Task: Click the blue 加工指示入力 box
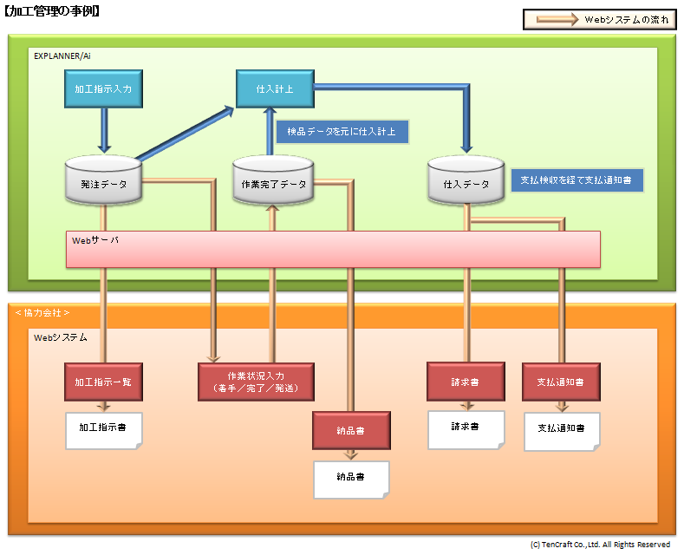[x=103, y=88]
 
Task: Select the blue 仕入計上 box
[x=275, y=88]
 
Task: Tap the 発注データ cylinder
[x=103, y=180]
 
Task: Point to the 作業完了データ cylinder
[x=273, y=180]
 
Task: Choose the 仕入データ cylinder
[x=466, y=180]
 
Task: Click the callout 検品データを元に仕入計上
[x=342, y=131]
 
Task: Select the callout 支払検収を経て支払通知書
[x=577, y=180]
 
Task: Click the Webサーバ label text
[x=95, y=240]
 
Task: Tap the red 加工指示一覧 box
[x=103, y=382]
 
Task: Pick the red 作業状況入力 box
[x=256, y=382]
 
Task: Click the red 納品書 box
[x=351, y=431]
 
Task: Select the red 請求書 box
[x=466, y=382]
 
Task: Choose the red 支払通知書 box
[x=561, y=382]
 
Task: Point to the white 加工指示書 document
[x=103, y=431]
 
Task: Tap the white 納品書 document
[x=351, y=480]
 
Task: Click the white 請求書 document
[x=466, y=430]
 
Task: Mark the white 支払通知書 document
[x=562, y=432]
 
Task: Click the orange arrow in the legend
[x=557, y=19]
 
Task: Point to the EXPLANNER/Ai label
[x=62, y=55]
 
